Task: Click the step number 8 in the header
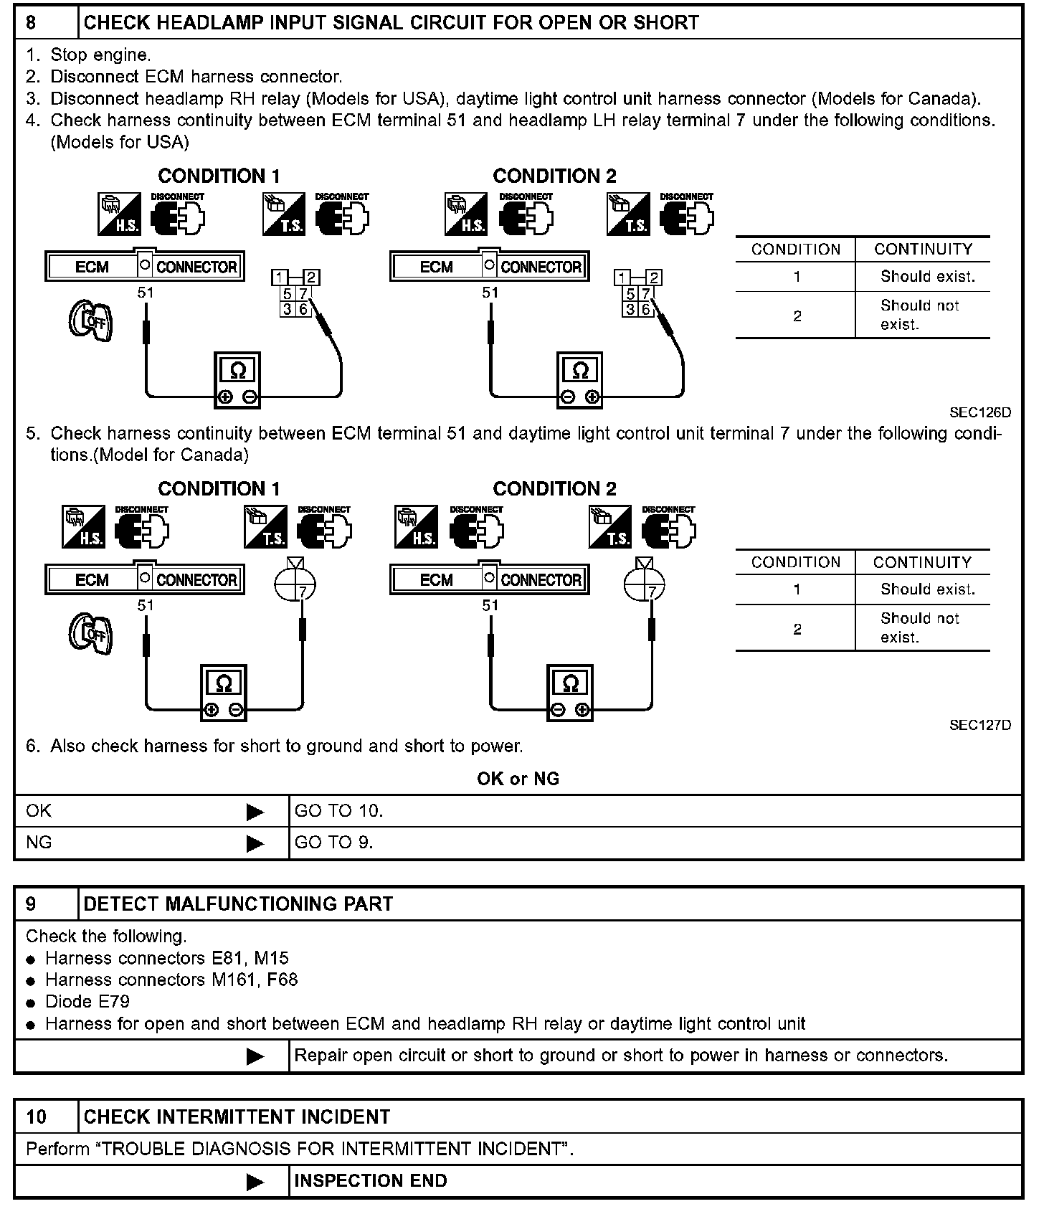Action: click(32, 23)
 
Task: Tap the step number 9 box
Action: click(32, 904)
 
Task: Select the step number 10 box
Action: click(37, 1116)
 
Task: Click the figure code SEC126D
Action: click(979, 412)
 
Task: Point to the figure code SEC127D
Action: click(979, 725)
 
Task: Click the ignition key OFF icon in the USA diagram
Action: click(90, 321)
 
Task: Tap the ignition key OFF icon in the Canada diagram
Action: click(90, 633)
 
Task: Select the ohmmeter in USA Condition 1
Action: click(238, 379)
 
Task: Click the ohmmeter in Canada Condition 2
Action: click(571, 692)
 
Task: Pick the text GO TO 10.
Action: click(338, 811)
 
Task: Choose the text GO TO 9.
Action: click(333, 843)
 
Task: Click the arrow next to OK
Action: click(255, 812)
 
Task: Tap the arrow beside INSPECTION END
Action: click(255, 1182)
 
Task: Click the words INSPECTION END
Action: click(370, 1181)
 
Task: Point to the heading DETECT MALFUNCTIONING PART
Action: click(238, 904)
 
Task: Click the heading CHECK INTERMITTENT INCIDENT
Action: click(237, 1116)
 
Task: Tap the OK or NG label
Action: click(518, 779)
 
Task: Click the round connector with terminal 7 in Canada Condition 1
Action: click(295, 584)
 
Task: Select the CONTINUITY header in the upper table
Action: click(923, 250)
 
